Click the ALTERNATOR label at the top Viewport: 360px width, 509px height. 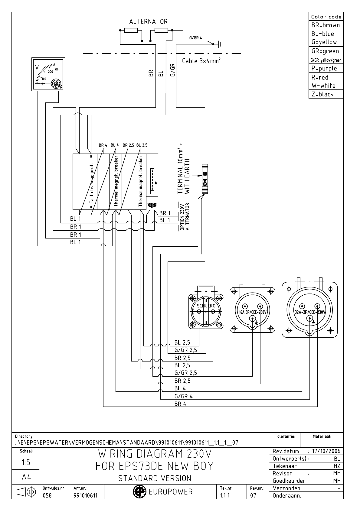click(148, 21)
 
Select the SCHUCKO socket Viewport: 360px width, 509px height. click(206, 311)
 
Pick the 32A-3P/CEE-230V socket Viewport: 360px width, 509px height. click(309, 312)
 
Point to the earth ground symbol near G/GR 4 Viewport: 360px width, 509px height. click(221, 44)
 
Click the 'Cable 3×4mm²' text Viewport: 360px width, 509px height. click(201, 61)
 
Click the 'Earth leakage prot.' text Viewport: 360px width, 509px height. click(91, 183)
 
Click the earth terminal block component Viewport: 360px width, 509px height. click(205, 179)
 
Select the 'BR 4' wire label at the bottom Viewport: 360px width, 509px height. click(180, 404)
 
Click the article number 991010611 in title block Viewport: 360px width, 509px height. click(85, 495)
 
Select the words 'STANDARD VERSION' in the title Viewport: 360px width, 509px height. click(155, 478)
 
